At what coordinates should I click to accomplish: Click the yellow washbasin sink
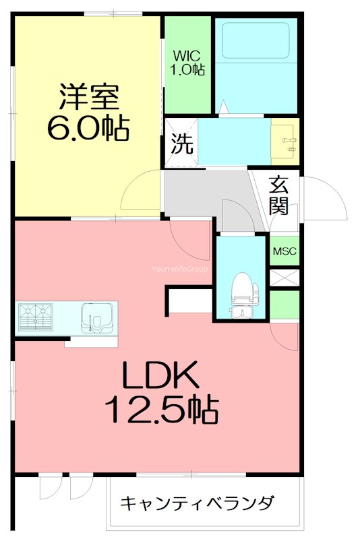click(x=284, y=140)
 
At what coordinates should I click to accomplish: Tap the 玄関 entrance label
click(x=280, y=194)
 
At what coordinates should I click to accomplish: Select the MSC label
click(x=284, y=251)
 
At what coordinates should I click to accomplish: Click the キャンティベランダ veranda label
click(x=198, y=503)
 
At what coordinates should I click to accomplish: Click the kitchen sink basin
click(x=94, y=315)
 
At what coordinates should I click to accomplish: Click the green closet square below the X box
click(x=284, y=305)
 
